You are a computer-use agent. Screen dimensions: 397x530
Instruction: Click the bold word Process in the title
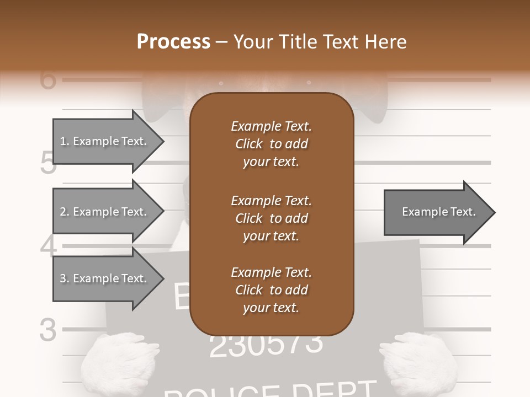click(x=173, y=42)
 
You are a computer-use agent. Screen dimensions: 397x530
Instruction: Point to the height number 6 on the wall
click(x=49, y=79)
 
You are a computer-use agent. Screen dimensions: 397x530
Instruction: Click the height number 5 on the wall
click(x=49, y=163)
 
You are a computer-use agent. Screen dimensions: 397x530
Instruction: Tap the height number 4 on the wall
click(x=49, y=246)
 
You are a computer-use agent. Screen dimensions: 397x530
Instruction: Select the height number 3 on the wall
click(x=49, y=330)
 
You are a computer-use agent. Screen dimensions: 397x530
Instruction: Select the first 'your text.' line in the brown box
click(x=271, y=162)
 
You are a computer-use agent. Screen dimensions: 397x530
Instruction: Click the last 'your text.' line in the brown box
click(x=271, y=308)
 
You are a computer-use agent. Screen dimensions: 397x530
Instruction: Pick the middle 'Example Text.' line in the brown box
click(x=271, y=200)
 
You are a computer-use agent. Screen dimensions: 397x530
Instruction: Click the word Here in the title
click(x=386, y=42)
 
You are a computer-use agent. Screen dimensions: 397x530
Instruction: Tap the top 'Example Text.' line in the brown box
click(x=271, y=126)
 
